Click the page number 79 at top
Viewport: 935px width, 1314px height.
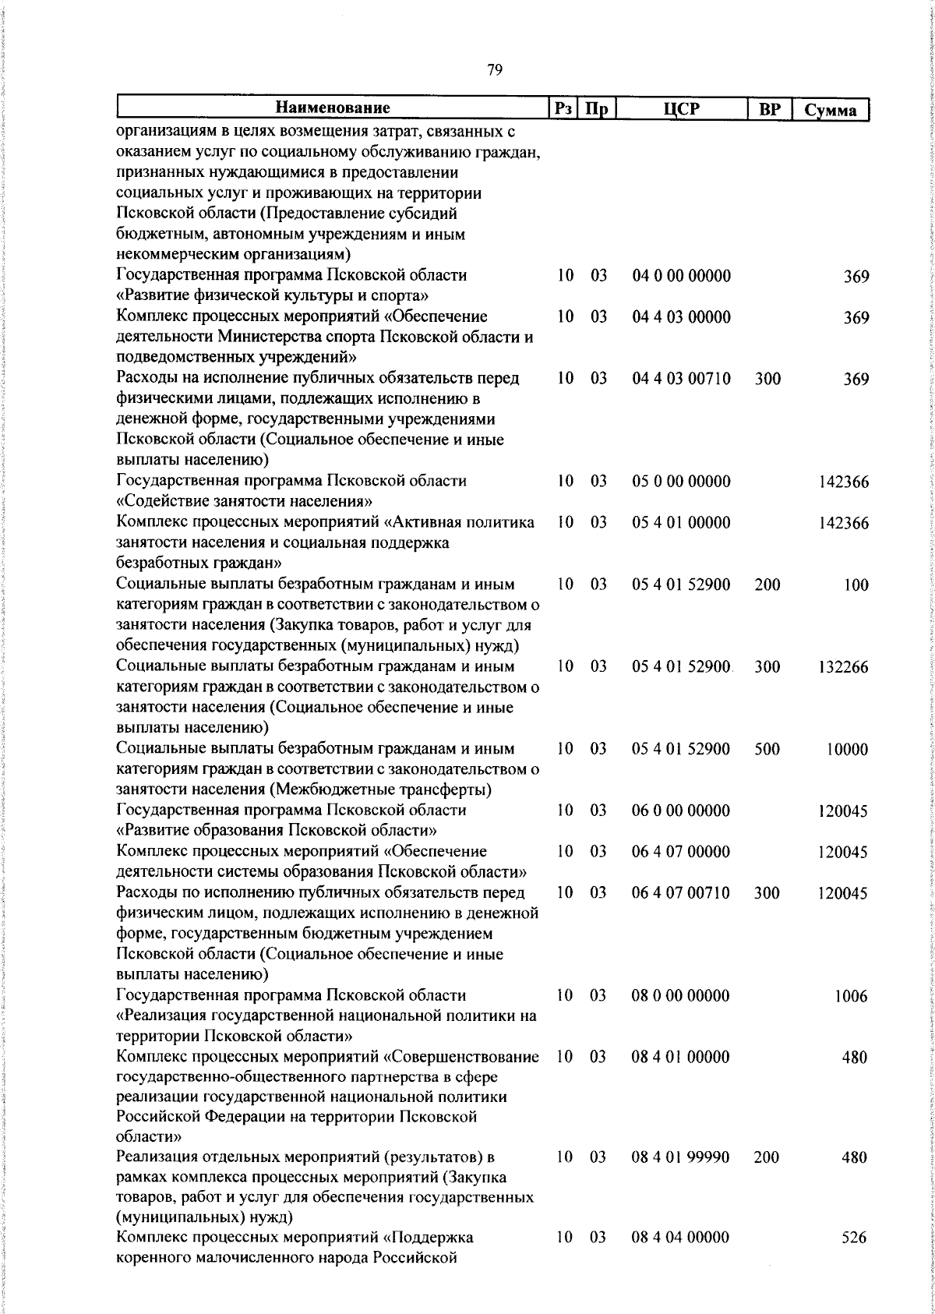coord(494,71)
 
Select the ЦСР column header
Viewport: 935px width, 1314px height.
coord(680,109)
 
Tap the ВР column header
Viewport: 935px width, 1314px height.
coord(769,109)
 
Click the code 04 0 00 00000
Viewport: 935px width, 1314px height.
coord(681,276)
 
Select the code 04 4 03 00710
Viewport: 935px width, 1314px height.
coord(681,379)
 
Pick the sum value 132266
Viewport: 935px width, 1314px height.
coord(843,668)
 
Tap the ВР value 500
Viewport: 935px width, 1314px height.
coord(767,750)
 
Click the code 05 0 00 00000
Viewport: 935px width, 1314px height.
coord(681,482)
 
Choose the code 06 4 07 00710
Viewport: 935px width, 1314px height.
coord(681,893)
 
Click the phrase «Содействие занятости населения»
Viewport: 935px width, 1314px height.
coord(249,501)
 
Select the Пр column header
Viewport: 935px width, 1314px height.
coord(597,109)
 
